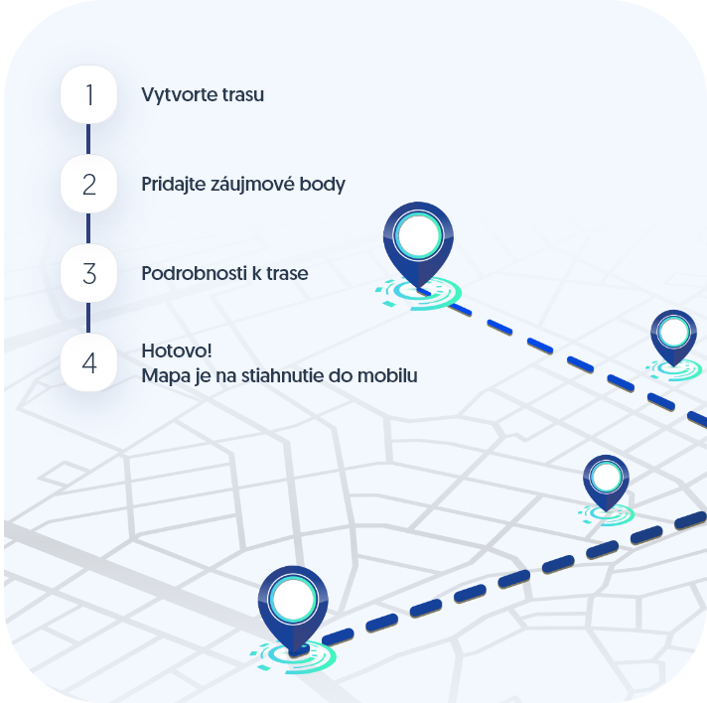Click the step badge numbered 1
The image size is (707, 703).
tap(88, 94)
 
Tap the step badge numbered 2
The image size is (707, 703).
tap(88, 184)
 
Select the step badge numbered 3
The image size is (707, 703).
tap(88, 273)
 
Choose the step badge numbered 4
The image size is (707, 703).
tap(88, 362)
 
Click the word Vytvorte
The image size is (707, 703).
tap(174, 95)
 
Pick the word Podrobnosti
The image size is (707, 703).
tap(195, 274)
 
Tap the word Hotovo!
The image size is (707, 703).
tap(177, 351)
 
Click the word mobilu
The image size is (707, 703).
tap(387, 375)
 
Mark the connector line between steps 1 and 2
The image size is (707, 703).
tap(88, 139)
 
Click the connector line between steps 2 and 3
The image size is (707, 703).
tap(88, 228)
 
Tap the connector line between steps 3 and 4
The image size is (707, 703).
tap(88, 318)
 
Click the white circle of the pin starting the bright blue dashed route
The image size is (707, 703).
tap(418, 235)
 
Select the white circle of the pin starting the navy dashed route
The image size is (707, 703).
tap(293, 600)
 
